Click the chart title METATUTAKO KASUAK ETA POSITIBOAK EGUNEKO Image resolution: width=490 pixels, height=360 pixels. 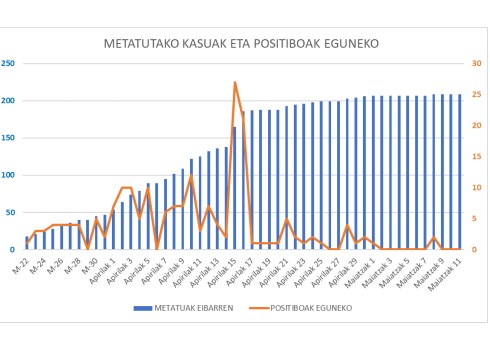[246, 44]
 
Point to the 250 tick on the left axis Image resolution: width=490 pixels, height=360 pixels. [9, 63]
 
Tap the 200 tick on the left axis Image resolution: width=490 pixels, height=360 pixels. [9, 101]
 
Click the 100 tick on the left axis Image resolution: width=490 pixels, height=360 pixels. [9, 175]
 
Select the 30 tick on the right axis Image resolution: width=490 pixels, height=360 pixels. [478, 63]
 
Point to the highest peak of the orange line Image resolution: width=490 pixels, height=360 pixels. [235, 83]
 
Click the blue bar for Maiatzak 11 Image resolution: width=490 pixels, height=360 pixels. [460, 172]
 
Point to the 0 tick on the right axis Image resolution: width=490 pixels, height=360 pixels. [476, 250]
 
